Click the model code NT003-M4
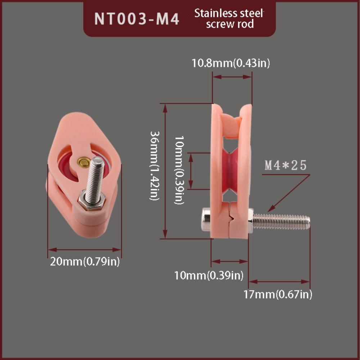[136, 19]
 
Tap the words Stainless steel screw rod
[229, 19]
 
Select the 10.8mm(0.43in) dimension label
[231, 63]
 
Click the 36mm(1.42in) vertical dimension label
[155, 166]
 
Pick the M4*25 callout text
[285, 165]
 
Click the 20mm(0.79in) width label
[85, 261]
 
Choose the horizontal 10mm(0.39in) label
[209, 275]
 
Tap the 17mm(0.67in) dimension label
[278, 294]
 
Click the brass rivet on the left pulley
[84, 162]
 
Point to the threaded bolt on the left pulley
[95, 177]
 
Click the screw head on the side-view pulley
[206, 220]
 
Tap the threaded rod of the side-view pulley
[281, 221]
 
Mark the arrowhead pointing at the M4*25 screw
[271, 208]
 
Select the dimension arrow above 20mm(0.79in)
[85, 250]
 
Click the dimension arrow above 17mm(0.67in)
[279, 282]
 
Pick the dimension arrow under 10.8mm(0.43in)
[232, 77]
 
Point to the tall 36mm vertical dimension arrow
[165, 171]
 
